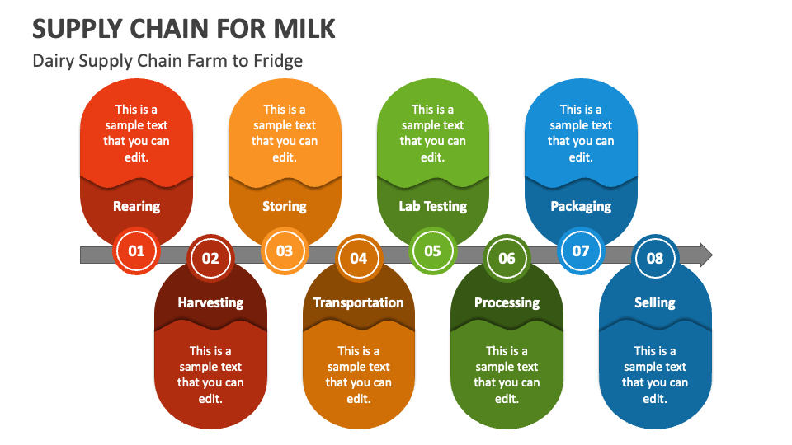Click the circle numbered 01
click(x=136, y=251)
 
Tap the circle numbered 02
click(x=210, y=258)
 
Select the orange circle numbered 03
click(x=285, y=251)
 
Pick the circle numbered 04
click(x=358, y=258)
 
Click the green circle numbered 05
click(x=432, y=251)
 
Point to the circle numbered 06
click(x=507, y=258)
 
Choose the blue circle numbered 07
click(x=581, y=251)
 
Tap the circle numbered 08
click(x=655, y=258)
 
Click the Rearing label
click(x=136, y=206)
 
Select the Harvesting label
click(x=210, y=302)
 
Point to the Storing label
click(x=285, y=206)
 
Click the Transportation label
click(x=358, y=302)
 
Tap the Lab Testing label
click(x=432, y=206)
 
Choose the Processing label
click(x=507, y=302)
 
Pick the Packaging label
click(x=581, y=206)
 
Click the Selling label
click(x=655, y=302)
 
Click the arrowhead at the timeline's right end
click(x=704, y=255)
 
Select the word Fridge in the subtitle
click(x=278, y=60)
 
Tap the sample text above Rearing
click(x=136, y=133)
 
